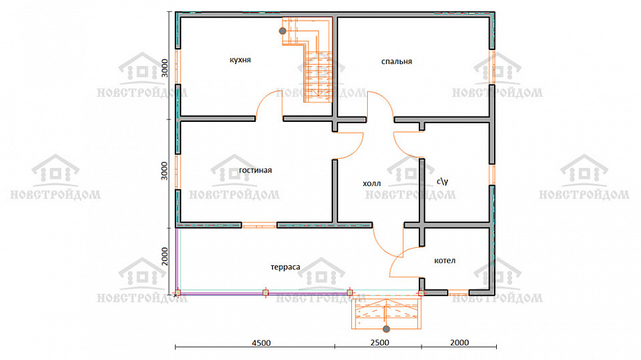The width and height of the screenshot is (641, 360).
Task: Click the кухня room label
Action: tap(240, 60)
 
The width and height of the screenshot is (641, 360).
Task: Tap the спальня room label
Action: tap(396, 62)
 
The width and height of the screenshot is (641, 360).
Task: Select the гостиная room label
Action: tap(256, 170)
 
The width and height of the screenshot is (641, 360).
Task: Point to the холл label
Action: tap(371, 183)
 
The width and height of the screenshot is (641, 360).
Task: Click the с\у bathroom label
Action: tap(442, 180)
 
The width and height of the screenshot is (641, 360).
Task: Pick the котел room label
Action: tap(445, 260)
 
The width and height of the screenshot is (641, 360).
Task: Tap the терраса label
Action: tap(286, 267)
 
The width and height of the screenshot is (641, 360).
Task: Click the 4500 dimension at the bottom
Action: tap(261, 343)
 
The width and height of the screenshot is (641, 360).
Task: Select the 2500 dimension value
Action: tap(380, 343)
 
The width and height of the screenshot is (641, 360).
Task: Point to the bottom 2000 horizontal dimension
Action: tap(459, 343)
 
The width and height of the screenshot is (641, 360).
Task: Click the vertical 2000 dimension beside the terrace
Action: tap(164, 256)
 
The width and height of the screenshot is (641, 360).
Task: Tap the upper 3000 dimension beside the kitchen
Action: tap(164, 68)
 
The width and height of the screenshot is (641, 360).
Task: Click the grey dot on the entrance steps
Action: tap(386, 329)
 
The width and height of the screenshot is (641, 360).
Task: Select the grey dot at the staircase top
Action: tap(282, 31)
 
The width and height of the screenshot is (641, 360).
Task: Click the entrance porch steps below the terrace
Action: tap(386, 313)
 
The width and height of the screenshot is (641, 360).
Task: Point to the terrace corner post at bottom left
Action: tap(178, 292)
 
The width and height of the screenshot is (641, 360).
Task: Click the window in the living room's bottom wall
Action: tap(258, 225)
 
